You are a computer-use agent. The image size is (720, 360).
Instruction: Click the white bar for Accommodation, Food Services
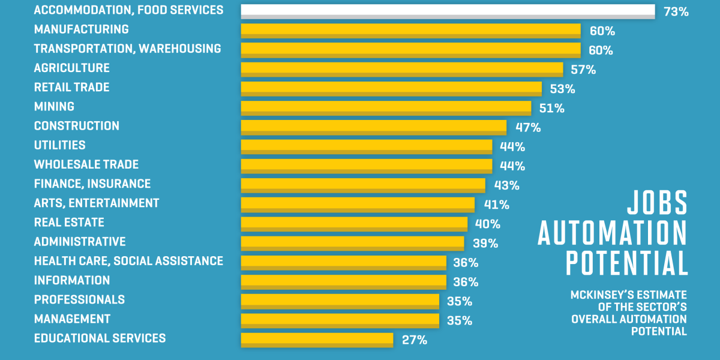pyautogui.click(x=447, y=11)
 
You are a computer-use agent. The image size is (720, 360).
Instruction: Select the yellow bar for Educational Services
pyautogui.click(x=317, y=339)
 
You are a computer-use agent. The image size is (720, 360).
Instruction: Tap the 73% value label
pyautogui.click(x=676, y=11)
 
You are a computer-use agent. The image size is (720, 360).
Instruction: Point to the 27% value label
pyautogui.click(x=415, y=340)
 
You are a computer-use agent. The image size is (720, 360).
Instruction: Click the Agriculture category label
pyautogui.click(x=71, y=68)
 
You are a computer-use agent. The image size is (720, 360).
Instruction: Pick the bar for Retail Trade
pyautogui.click(x=391, y=88)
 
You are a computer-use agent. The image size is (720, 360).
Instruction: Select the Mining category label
pyautogui.click(x=54, y=106)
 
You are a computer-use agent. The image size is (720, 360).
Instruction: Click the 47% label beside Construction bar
pyautogui.click(x=528, y=127)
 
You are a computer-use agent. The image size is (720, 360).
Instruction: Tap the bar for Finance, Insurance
pyautogui.click(x=362, y=184)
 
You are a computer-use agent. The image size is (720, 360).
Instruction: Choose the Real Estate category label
pyautogui.click(x=69, y=222)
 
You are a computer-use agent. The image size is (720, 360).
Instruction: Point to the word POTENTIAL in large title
pyautogui.click(x=626, y=263)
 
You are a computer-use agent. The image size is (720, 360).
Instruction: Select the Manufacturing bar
pyautogui.click(x=410, y=31)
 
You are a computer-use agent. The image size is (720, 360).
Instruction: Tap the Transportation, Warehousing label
pyautogui.click(x=127, y=49)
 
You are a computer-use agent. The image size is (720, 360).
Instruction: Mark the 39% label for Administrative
pyautogui.click(x=485, y=243)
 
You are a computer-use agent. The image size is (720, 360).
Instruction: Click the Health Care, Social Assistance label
pyautogui.click(x=128, y=261)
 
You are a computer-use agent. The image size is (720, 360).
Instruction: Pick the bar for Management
pyautogui.click(x=340, y=320)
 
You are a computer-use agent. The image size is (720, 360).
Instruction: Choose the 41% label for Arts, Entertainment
pyautogui.click(x=496, y=205)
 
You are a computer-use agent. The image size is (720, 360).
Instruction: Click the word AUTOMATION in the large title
pyautogui.click(x=612, y=233)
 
